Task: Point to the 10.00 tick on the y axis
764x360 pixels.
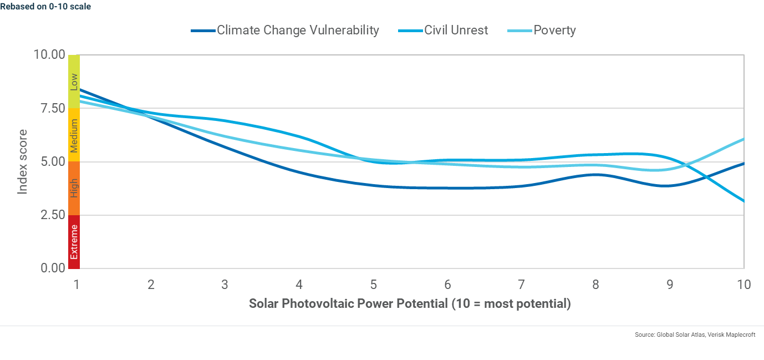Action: (49, 55)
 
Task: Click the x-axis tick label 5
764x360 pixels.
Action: (374, 285)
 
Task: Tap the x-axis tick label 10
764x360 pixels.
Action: (743, 285)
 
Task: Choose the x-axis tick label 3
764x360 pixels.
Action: (225, 285)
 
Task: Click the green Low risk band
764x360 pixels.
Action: (74, 82)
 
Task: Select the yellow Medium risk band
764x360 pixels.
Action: (74, 135)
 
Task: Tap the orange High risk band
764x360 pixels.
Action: (74, 188)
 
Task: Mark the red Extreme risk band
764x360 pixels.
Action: (74, 242)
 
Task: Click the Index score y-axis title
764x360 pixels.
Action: (22, 162)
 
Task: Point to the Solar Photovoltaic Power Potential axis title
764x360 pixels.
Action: (409, 304)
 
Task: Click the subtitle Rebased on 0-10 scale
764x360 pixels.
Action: (45, 7)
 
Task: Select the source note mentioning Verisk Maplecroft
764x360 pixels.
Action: (695, 335)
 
